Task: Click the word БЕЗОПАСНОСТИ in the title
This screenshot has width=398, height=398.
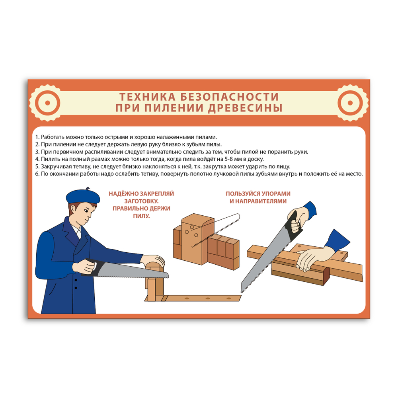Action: coord(229,97)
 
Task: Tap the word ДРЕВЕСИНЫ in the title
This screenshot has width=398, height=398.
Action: coord(245,108)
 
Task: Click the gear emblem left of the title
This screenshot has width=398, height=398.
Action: coord(47,103)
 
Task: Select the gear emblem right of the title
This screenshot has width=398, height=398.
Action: coord(350,103)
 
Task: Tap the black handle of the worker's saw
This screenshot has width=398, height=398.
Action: coord(94,267)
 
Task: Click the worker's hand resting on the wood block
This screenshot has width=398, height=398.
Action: coord(153,260)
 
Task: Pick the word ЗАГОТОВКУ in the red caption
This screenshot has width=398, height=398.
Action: coord(141,201)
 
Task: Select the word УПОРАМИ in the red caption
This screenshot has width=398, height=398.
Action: coord(276,194)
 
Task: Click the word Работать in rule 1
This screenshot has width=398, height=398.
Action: coord(53,137)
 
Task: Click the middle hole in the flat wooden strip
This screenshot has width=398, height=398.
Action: coord(208,298)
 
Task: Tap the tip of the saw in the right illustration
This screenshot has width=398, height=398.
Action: coord(242,291)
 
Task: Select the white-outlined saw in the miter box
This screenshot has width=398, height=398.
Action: coord(215,230)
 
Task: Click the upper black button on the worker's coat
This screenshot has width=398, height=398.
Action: coord(76,280)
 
